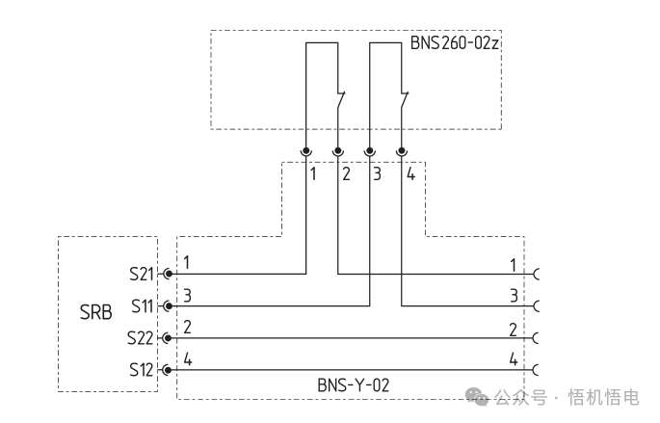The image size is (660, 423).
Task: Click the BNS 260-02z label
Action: point(455,43)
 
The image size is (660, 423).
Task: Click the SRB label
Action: point(96,312)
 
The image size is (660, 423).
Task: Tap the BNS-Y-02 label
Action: point(354,385)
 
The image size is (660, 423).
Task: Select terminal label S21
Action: point(142,275)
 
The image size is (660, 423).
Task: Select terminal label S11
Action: point(143,306)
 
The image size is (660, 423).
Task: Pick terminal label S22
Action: point(140,338)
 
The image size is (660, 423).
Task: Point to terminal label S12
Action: point(142,370)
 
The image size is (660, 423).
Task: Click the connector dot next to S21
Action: point(169,275)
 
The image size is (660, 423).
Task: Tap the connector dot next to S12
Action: point(168,370)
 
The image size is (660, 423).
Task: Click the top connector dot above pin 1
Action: point(306,150)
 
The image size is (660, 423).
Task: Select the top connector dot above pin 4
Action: point(402,150)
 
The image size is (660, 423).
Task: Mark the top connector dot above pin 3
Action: point(370,150)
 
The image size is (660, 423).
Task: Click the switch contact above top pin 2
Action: point(340,100)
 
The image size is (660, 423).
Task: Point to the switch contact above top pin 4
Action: point(404,100)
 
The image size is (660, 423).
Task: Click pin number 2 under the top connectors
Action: point(346,173)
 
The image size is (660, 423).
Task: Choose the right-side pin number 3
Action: point(514,296)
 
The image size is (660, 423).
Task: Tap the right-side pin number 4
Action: point(514,359)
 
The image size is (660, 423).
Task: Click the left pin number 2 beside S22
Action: point(187,327)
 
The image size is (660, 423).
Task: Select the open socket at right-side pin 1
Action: point(537,275)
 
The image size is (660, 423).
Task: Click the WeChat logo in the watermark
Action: point(477,396)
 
